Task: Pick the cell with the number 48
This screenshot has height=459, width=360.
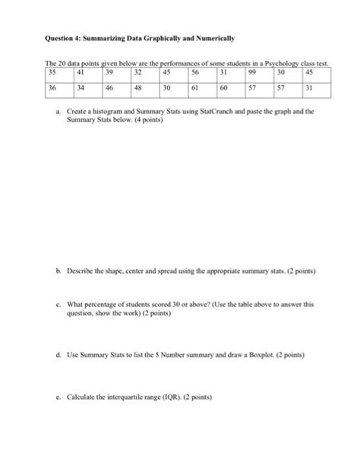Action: (x=141, y=89)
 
